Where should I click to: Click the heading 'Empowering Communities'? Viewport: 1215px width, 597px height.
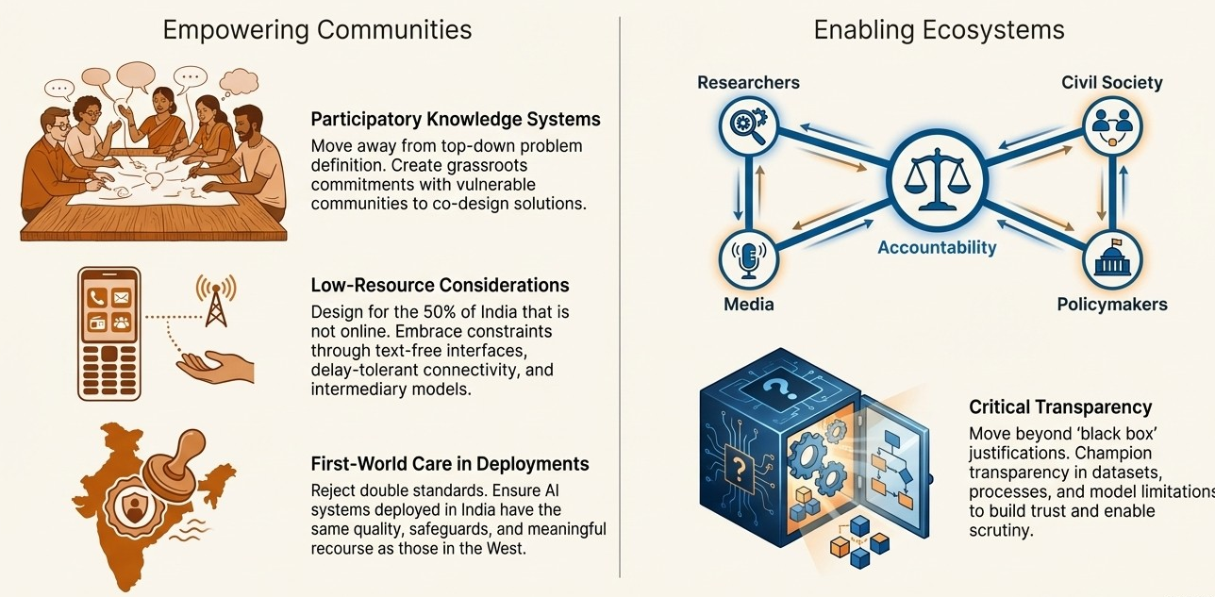click(x=317, y=29)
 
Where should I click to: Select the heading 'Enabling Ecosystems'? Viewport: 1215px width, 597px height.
click(x=939, y=29)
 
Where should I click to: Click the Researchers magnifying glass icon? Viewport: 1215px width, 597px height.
click(x=747, y=124)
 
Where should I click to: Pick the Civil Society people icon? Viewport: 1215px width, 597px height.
click(x=1111, y=125)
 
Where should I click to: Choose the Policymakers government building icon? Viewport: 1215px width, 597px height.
click(x=1111, y=258)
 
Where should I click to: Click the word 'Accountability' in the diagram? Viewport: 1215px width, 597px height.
click(x=936, y=248)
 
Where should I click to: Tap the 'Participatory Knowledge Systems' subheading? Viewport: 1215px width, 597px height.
click(x=456, y=120)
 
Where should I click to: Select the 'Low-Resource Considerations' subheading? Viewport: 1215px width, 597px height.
click(x=440, y=285)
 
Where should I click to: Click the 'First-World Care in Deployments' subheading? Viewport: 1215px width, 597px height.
click(x=450, y=464)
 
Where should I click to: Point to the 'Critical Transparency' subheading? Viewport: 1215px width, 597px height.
click(x=1060, y=407)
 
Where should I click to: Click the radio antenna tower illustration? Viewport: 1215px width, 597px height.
click(x=216, y=299)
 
